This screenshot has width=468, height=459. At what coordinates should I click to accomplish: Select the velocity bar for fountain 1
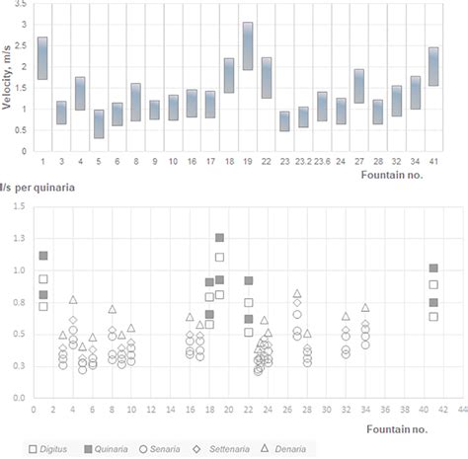42,58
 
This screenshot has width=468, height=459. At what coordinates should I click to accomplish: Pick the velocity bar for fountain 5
99,123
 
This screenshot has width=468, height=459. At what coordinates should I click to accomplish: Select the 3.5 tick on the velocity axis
22,8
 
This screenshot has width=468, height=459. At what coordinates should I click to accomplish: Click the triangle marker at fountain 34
365,308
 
